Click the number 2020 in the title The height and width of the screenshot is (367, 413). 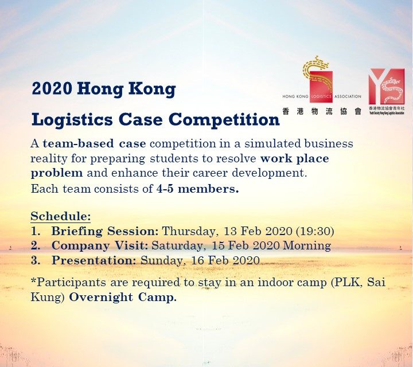coord(51,89)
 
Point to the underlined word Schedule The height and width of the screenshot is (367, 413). coord(60,217)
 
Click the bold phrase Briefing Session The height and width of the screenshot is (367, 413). coord(105,231)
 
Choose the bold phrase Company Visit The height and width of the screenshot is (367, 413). coord(99,245)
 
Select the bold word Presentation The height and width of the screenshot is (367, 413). coord(94,260)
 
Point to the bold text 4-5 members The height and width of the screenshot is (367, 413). coord(197,189)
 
